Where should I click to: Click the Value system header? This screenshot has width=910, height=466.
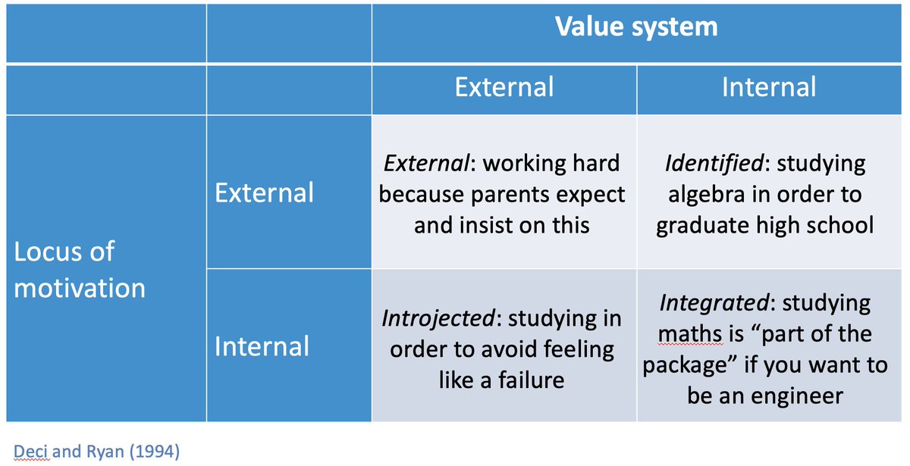pyautogui.click(x=636, y=27)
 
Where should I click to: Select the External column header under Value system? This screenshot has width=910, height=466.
pyautogui.click(x=504, y=87)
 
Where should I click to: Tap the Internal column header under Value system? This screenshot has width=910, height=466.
pyautogui.click(x=768, y=87)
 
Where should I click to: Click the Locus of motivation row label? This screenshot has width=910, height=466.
pyautogui.click(x=80, y=270)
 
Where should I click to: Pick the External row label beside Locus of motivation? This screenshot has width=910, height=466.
pyautogui.click(x=263, y=192)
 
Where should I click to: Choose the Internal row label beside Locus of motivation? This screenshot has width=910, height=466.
pyautogui.click(x=262, y=346)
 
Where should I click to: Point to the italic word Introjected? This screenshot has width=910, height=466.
pyautogui.click(x=438, y=319)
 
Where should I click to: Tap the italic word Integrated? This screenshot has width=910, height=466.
pyautogui.click(x=714, y=303)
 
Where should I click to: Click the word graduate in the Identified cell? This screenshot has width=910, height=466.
pyautogui.click(x=707, y=226)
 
